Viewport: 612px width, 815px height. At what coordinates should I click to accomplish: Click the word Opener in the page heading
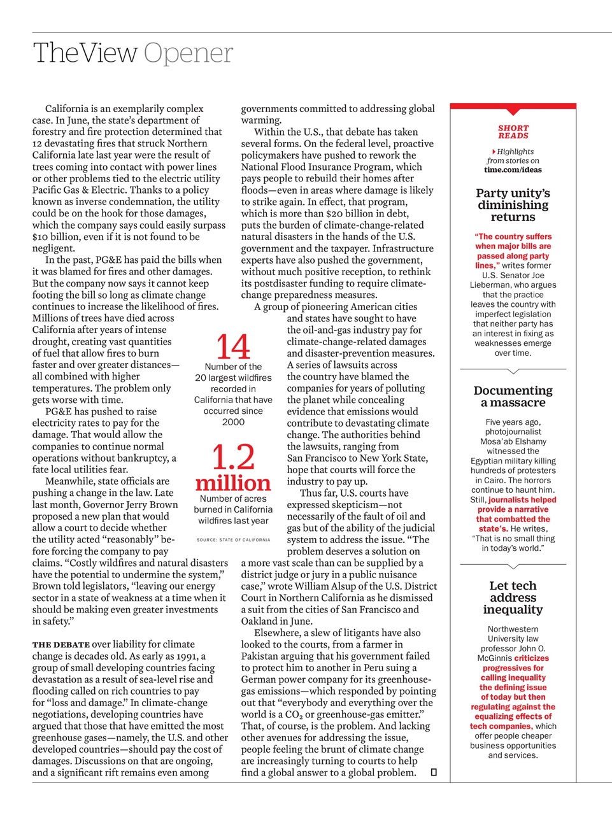tap(188, 53)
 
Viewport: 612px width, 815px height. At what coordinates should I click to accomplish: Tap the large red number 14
tap(233, 347)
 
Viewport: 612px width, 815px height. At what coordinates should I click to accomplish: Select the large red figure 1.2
tap(233, 457)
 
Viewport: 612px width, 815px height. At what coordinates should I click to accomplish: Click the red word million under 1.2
tap(233, 482)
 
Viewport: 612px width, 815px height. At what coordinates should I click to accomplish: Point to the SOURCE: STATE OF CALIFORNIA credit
tap(233, 540)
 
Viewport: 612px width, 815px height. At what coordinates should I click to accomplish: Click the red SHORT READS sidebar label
tap(513, 132)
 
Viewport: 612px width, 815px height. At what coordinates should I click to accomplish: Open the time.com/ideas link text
tap(513, 170)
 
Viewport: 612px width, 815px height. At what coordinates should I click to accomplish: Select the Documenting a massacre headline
tap(513, 396)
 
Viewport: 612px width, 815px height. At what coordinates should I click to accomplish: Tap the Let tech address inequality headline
tap(513, 597)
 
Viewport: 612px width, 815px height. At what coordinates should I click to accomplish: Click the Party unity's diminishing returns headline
tap(513, 205)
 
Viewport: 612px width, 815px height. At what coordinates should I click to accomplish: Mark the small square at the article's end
tap(434, 772)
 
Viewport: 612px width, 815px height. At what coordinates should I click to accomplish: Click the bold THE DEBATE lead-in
tap(61, 645)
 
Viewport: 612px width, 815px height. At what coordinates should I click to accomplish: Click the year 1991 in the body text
tap(187, 656)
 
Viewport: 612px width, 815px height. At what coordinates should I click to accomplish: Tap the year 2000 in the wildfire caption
tap(233, 422)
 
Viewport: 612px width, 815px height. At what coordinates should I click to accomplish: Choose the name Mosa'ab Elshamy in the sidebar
tap(513, 441)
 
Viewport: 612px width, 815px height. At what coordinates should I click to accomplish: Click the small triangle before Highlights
tap(494, 152)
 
